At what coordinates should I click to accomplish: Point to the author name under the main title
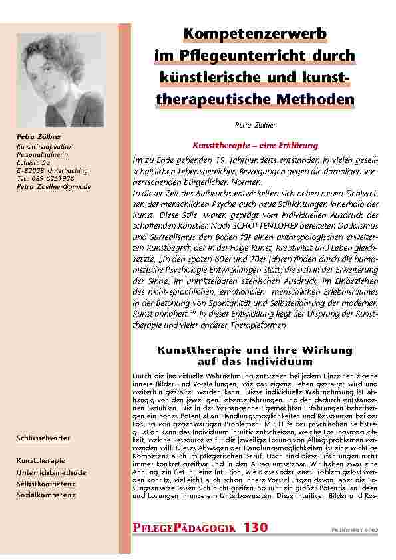coord(250,124)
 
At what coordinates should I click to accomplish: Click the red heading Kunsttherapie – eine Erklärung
coord(246,145)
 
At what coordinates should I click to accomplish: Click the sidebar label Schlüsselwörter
coord(43,438)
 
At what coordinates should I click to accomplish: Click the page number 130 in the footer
coord(255,528)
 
